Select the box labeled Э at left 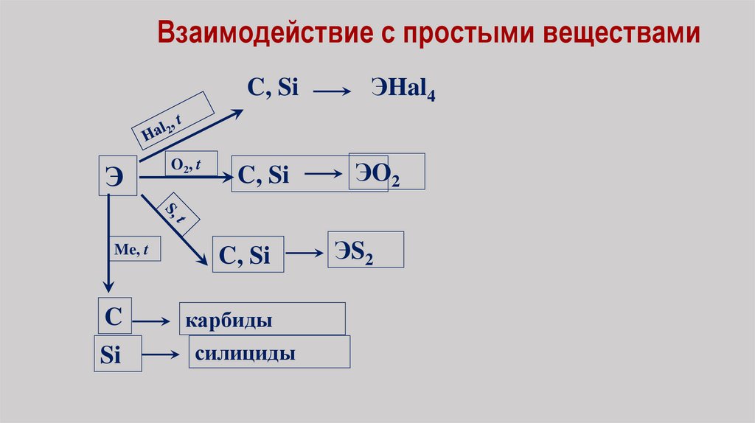[117, 175]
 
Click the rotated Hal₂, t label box [173, 120]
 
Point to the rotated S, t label [174, 214]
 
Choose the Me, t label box [131, 250]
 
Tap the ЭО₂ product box [386, 172]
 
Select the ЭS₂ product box [366, 249]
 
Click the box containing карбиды [262, 319]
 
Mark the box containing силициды [269, 352]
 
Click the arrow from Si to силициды [161, 354]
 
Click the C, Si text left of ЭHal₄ [272, 88]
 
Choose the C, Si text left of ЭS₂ [246, 255]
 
